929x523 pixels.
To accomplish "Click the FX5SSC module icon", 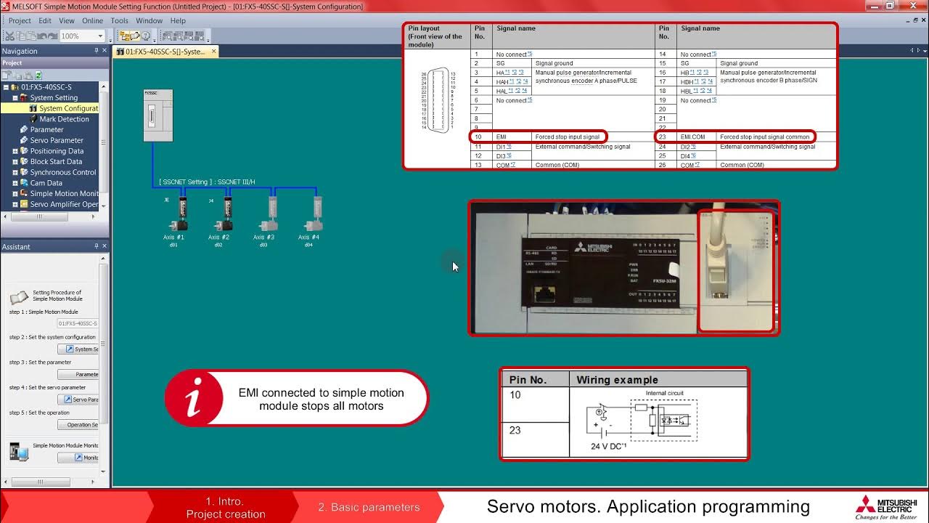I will (x=157, y=115).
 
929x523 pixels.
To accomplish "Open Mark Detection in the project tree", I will (x=64, y=119).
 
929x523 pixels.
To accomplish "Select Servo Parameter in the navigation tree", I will (x=57, y=140).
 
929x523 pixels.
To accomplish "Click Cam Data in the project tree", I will (x=46, y=183).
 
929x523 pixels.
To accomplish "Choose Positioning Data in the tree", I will (x=57, y=151).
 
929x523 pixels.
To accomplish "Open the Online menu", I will (x=92, y=21).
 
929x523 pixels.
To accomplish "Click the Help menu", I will (x=178, y=21).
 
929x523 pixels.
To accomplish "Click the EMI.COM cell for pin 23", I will (x=692, y=137).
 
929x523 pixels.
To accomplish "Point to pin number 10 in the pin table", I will (x=478, y=137).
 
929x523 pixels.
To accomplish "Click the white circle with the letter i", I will (x=194, y=399).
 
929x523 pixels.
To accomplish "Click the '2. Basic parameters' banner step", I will (x=369, y=507).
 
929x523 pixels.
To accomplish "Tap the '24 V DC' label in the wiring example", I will (x=608, y=446).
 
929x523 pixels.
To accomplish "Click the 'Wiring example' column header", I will (x=617, y=379).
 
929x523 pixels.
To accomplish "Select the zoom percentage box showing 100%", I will (x=81, y=36).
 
